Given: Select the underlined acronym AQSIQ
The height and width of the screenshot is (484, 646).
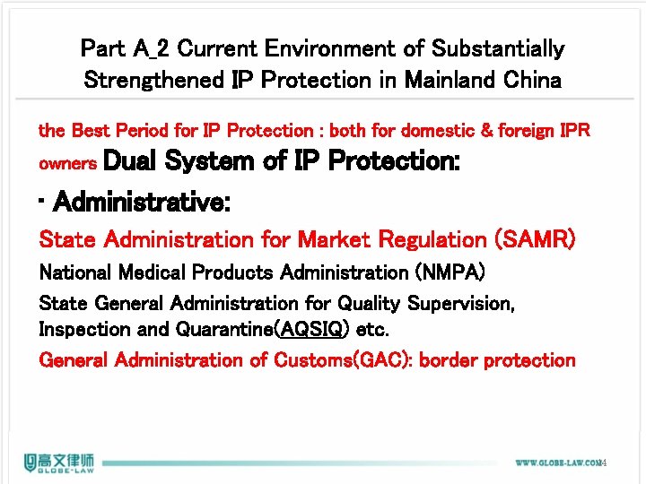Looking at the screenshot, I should pyautogui.click(x=313, y=329).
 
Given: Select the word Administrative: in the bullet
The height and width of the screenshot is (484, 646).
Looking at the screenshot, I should pyautogui.click(x=142, y=203).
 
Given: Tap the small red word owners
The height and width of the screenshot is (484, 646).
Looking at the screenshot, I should pyautogui.click(x=68, y=165).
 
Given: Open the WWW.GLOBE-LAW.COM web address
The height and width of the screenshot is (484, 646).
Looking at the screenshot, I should pyautogui.click(x=556, y=463).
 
